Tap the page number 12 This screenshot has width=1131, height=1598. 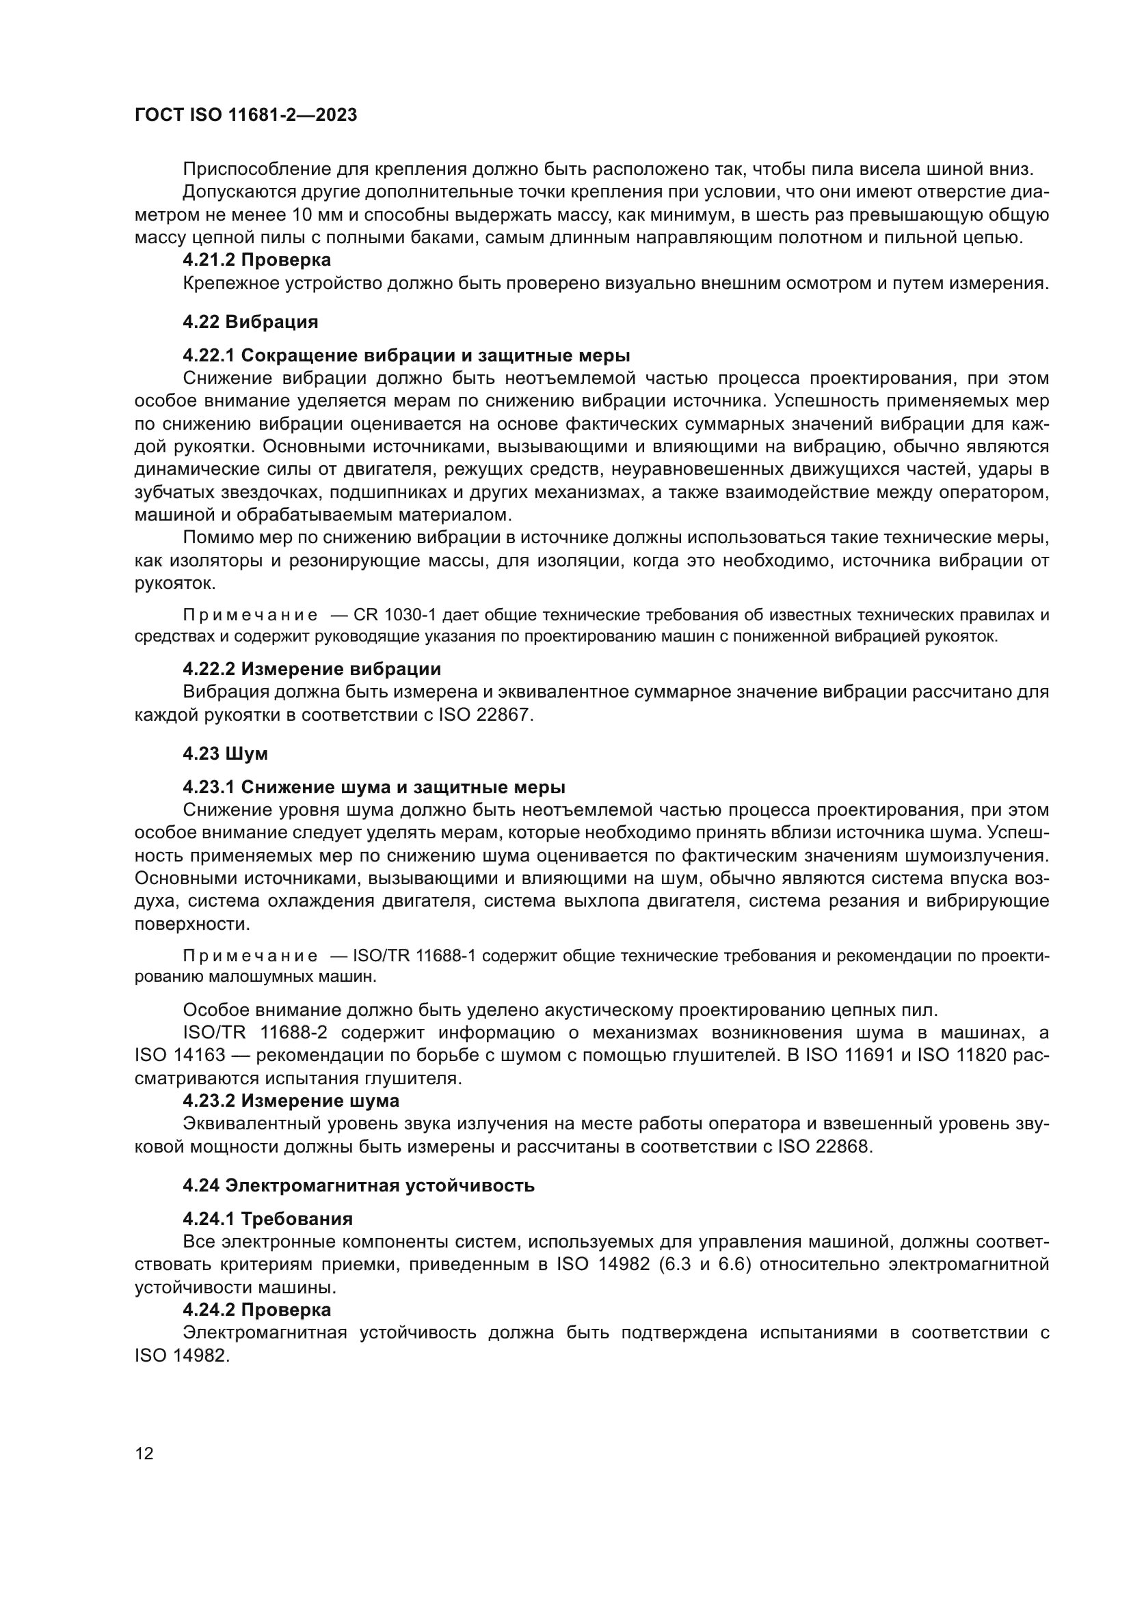coord(144,1453)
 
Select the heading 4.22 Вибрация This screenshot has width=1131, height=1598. coord(250,322)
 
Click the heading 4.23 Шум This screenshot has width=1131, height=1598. coord(225,753)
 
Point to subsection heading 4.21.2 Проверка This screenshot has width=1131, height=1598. coord(256,260)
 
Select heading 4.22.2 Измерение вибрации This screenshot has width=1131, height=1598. coord(311,669)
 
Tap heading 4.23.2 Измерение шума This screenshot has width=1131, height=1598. coord(291,1101)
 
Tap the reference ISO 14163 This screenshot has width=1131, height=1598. coord(180,1055)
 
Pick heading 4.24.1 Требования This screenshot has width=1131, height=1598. coord(267,1219)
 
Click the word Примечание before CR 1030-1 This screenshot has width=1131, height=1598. coord(250,616)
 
